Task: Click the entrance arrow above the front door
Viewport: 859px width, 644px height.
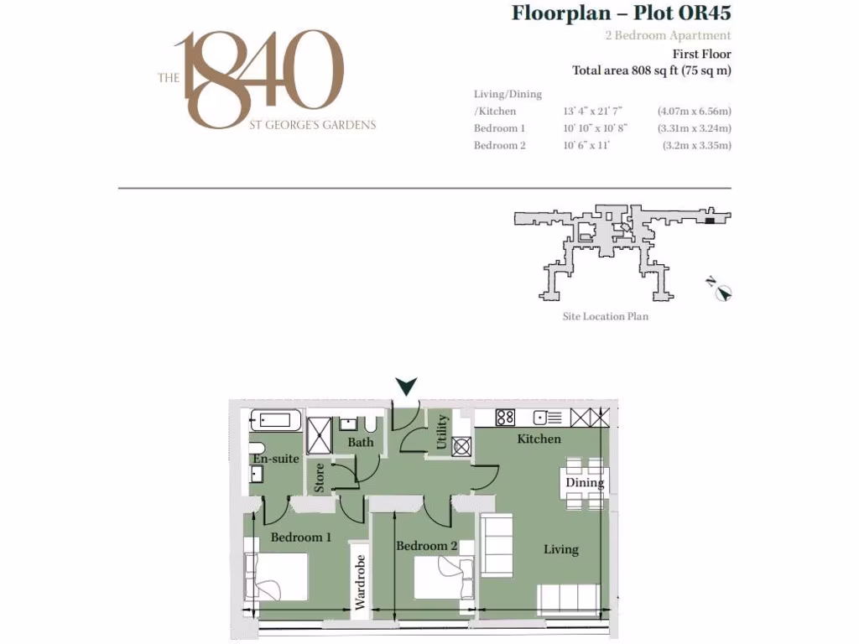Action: (x=407, y=387)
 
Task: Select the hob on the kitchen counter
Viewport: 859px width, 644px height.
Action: (x=505, y=418)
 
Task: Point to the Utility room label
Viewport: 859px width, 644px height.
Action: (x=442, y=432)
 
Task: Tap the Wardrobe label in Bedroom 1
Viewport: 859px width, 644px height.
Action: (x=360, y=582)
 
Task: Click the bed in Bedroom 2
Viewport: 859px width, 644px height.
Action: (x=445, y=577)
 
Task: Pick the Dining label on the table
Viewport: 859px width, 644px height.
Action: (x=584, y=483)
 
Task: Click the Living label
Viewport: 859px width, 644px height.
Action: (x=560, y=549)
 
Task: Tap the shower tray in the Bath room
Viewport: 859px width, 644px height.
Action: (x=320, y=435)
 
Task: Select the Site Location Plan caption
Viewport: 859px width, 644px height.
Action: (x=605, y=317)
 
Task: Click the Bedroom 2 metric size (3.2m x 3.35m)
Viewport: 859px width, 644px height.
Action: (x=696, y=145)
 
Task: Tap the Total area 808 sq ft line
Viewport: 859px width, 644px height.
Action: (x=651, y=70)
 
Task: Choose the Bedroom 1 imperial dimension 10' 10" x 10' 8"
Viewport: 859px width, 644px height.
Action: (x=595, y=128)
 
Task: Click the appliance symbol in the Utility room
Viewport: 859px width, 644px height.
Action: (x=461, y=446)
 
